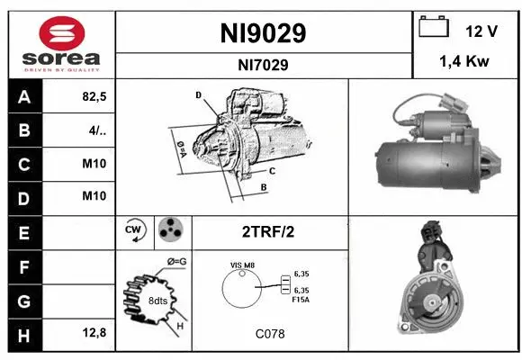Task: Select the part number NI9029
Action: [263, 33]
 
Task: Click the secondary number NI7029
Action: [263, 64]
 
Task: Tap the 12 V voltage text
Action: [481, 31]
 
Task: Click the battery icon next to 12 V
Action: [434, 29]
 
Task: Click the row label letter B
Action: [23, 130]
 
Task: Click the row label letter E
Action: [23, 231]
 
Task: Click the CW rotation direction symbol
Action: [134, 231]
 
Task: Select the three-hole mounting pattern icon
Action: [169, 231]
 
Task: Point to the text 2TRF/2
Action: [268, 232]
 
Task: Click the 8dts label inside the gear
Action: [157, 300]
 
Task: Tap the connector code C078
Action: [269, 333]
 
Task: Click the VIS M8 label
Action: [243, 265]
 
